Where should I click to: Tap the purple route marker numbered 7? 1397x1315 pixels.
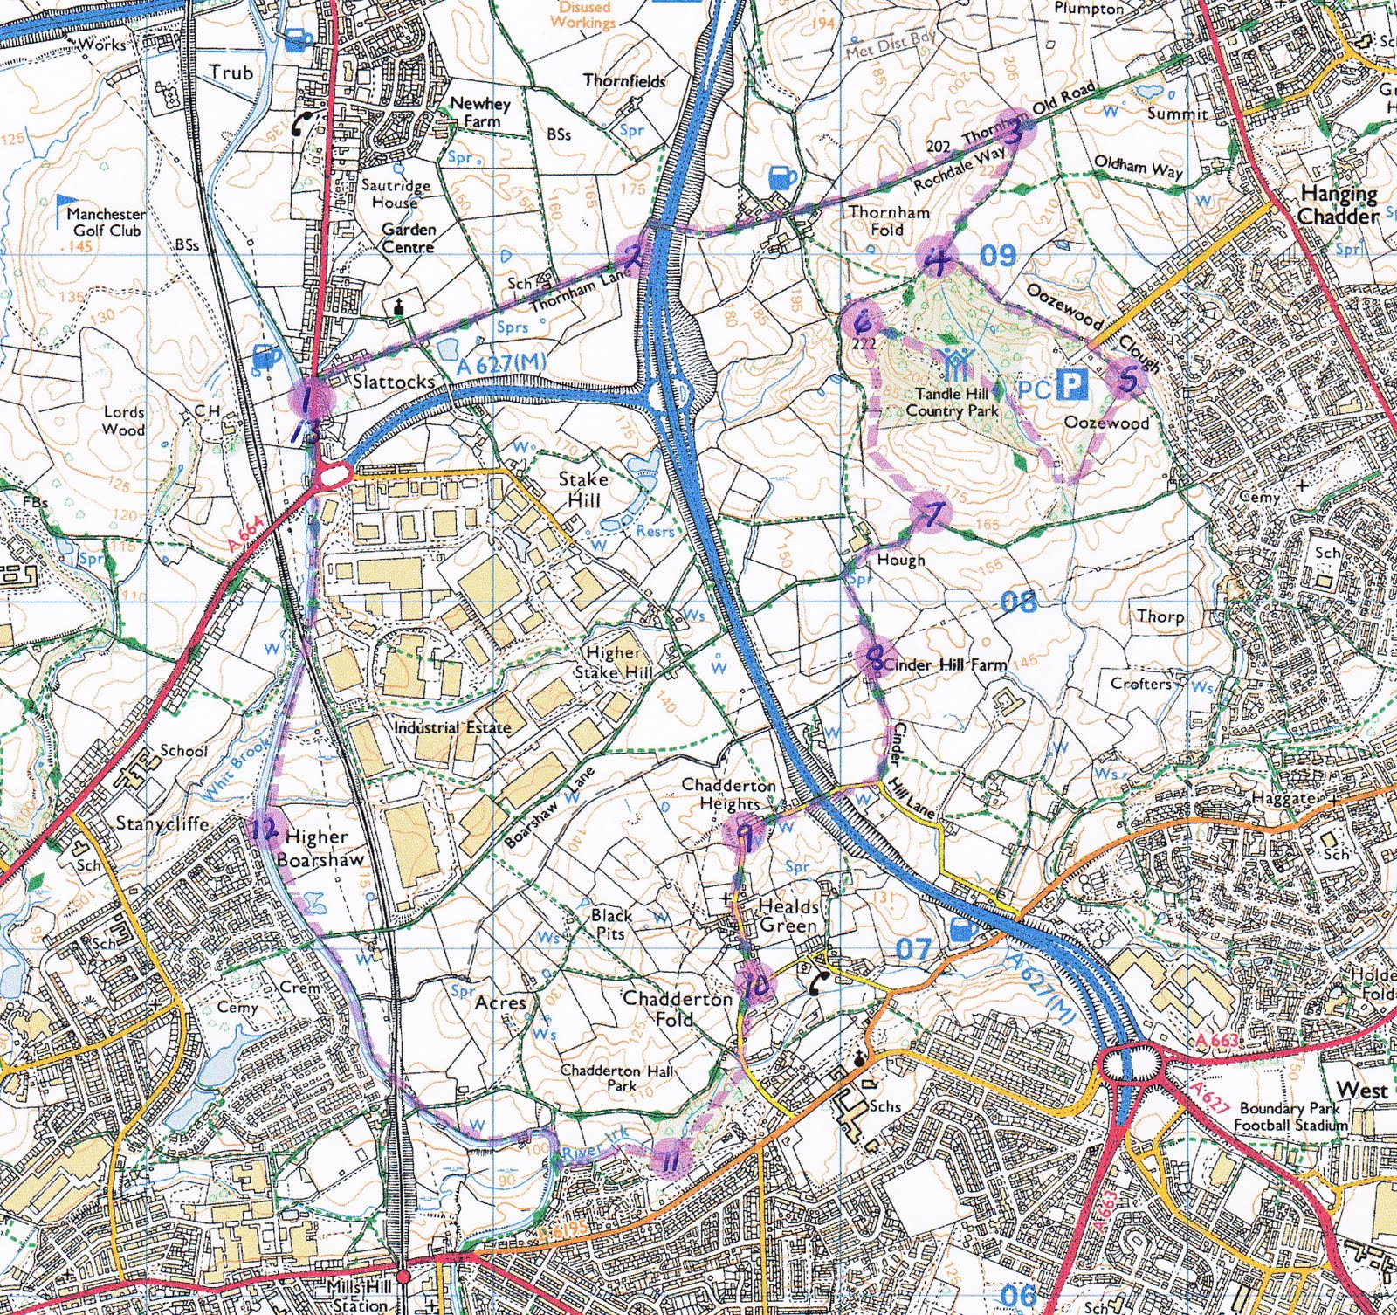(x=932, y=513)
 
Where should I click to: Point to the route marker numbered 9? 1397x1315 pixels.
(x=744, y=834)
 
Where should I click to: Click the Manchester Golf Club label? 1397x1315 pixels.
(x=106, y=222)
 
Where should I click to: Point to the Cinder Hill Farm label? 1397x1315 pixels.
(x=946, y=664)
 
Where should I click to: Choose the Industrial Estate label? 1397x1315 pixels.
(x=451, y=726)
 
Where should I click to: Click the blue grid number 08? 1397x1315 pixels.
(x=1018, y=602)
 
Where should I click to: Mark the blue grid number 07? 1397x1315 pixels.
(x=913, y=948)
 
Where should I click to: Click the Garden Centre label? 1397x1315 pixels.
(x=408, y=238)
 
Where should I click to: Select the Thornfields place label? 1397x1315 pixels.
(x=624, y=80)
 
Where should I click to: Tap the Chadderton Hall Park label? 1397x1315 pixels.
(x=616, y=1077)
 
